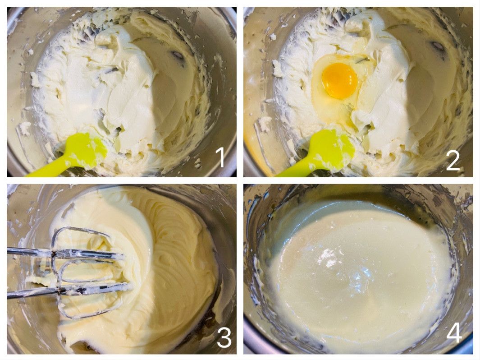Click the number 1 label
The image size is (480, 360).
(221, 157)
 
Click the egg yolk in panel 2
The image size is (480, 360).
(340, 81)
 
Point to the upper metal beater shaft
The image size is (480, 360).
(31, 251)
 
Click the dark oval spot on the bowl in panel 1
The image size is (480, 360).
(178, 55)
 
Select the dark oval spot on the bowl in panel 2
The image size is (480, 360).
(438, 46)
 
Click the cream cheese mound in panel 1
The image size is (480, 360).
(101, 89)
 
